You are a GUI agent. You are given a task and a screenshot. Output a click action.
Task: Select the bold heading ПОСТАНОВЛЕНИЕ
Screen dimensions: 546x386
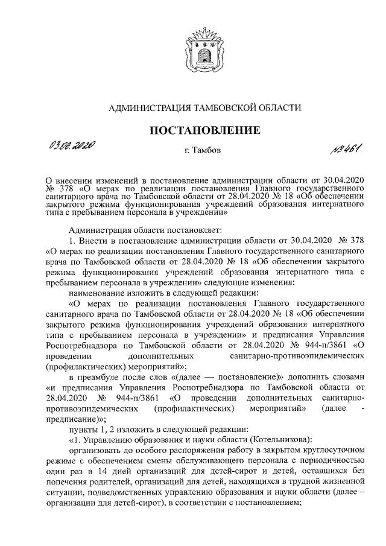pos(204,130)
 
